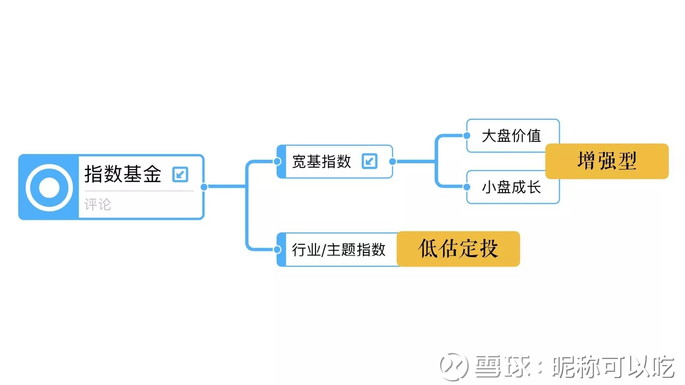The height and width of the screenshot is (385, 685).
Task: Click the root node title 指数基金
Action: pos(123,174)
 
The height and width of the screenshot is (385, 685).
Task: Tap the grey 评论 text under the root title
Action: pos(98,205)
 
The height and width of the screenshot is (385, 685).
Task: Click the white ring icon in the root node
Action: pos(49,187)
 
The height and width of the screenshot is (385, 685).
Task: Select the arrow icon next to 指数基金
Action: pos(180,174)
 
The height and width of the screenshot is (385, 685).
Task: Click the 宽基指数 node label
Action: pos(321,161)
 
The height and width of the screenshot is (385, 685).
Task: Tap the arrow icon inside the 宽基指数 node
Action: pos(369,161)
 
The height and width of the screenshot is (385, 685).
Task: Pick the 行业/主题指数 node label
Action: pos(339,250)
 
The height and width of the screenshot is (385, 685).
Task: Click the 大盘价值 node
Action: pos(511,136)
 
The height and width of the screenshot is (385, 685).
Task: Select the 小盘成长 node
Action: pos(511,187)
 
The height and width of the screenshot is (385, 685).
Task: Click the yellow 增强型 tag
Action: pos(607,161)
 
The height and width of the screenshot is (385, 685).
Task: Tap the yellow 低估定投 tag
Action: pos(458,248)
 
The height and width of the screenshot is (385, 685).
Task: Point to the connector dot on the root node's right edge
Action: pos(204,187)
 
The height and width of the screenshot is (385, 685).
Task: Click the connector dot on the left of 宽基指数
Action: pos(277,161)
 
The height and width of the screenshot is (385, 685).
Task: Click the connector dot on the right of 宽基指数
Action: pos(392,161)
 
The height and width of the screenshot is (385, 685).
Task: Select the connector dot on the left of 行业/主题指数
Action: pos(277,250)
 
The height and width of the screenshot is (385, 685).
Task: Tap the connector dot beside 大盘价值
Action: pos(467,135)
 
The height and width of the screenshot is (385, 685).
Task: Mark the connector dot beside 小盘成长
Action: pos(467,187)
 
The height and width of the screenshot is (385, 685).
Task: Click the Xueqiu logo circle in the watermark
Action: pos(454,366)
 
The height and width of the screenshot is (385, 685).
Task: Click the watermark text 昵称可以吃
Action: pos(613,366)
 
